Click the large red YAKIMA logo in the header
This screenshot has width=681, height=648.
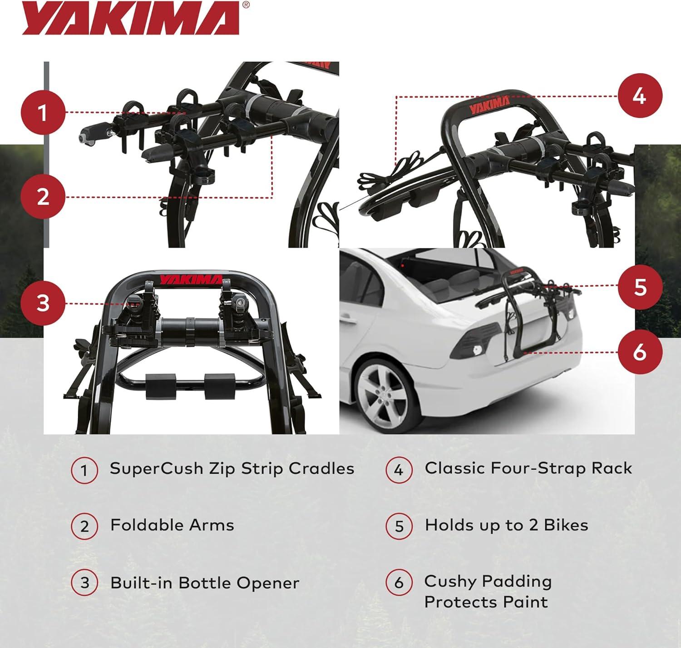coord(131,18)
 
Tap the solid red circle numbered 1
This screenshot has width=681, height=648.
coord(43,112)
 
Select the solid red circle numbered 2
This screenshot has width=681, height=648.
coord(43,197)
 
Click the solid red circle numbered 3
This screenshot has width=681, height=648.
coord(43,304)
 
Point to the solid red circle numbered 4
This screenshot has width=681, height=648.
coord(640,96)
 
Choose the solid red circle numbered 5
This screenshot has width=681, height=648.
coord(640,287)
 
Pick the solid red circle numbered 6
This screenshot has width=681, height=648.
coord(640,352)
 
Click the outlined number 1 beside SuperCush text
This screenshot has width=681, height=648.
coord(84,471)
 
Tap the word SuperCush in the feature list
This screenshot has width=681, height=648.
coord(156,469)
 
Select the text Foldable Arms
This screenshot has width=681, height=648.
coord(172,525)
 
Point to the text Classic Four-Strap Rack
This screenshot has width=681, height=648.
coord(528,469)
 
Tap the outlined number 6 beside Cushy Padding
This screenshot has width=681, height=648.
coord(399,583)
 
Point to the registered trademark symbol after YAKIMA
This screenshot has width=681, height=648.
coord(246,5)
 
